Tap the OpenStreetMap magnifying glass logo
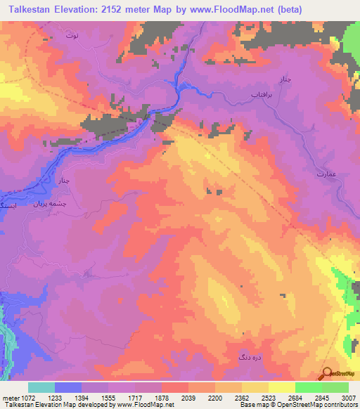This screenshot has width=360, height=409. pyautogui.click(x=327, y=373)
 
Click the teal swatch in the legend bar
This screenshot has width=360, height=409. pyautogui.click(x=41, y=387)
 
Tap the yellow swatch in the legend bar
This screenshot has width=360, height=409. pyautogui.click(x=282, y=387)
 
